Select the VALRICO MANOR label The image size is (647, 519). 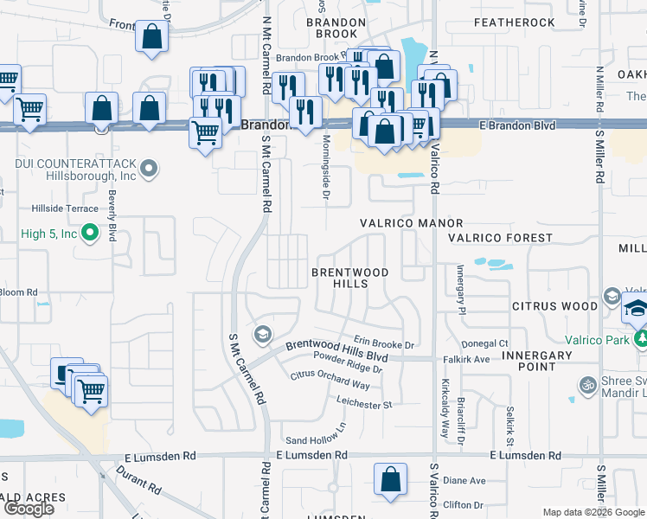point(412,223)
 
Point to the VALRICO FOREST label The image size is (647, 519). point(500,237)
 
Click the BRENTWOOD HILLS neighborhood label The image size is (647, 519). point(350,278)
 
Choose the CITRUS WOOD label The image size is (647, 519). point(554,305)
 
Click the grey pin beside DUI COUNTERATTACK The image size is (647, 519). point(149,168)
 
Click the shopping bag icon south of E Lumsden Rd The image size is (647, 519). point(390,478)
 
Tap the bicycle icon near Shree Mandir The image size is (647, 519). point(588,383)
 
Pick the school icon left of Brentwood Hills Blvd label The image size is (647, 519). point(261,334)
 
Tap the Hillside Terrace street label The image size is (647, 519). point(65,208)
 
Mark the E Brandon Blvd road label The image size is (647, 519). point(517,125)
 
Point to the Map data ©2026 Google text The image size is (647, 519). point(593,512)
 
